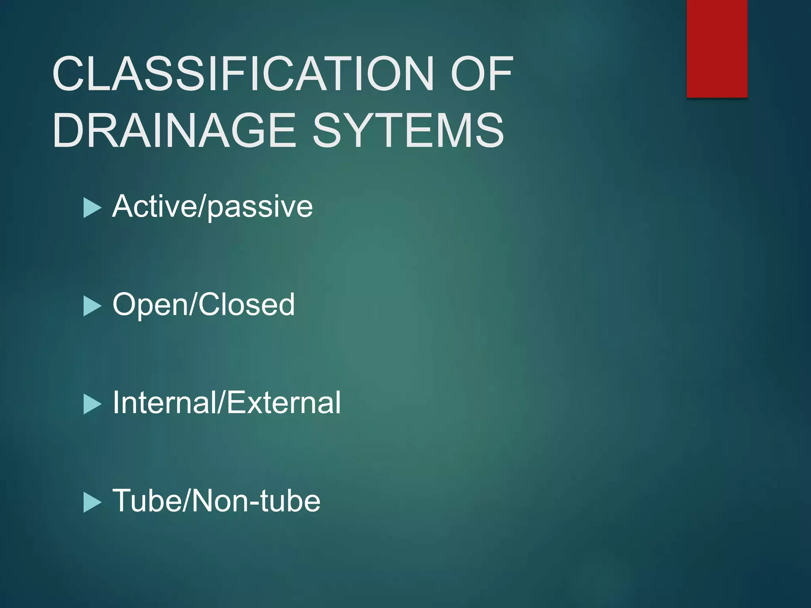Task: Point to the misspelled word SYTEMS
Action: [x=408, y=131]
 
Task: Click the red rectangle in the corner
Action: [x=717, y=48]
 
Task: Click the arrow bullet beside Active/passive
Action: [x=92, y=208]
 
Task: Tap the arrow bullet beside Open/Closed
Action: [x=92, y=306]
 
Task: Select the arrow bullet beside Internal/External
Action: [x=92, y=405]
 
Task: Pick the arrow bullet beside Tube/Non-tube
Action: [x=92, y=503]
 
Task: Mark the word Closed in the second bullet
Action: [x=246, y=304]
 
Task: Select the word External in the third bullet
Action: [x=284, y=403]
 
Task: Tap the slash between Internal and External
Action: [x=222, y=403]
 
